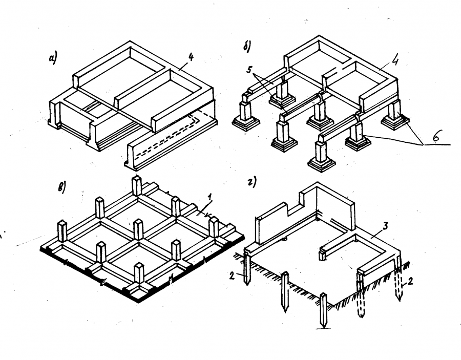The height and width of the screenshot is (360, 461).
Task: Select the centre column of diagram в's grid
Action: coord(137,229)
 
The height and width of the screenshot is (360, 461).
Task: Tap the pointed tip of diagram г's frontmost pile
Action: coord(323,327)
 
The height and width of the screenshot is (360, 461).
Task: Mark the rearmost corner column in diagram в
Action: coord(137,185)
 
